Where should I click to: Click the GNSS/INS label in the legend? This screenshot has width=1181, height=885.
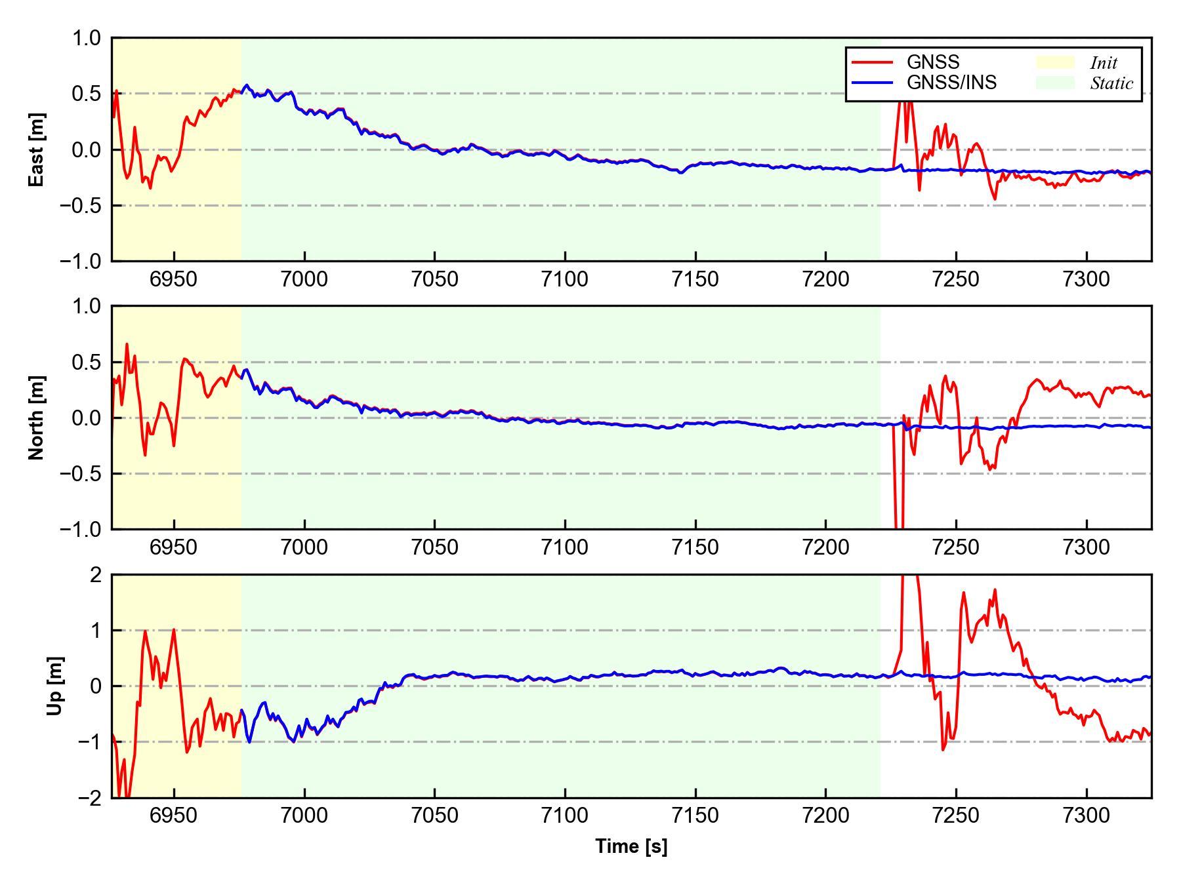pos(951,83)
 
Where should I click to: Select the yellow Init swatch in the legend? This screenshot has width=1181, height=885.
pos(1055,62)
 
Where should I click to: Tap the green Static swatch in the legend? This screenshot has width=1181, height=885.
pos(1055,83)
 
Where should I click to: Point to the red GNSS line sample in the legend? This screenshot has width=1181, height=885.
pos(873,62)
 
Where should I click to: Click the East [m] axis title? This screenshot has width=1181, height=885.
pos(37,149)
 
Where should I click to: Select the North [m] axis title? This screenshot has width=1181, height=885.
pos(37,418)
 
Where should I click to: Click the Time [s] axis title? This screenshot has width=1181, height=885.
pos(631,846)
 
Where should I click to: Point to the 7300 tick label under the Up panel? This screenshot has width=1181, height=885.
pos(1087,816)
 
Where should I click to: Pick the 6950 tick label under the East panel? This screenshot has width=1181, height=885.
pos(174,279)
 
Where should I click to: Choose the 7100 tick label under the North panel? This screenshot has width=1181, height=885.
pos(565,547)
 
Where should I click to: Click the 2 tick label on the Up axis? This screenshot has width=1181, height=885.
pos(96,575)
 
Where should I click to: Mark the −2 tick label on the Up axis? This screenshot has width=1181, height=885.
pos(89,798)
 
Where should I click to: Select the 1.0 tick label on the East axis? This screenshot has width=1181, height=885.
pos(87,38)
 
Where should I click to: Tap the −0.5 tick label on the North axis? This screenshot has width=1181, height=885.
pos(81,473)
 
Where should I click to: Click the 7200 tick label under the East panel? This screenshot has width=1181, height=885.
pos(825,279)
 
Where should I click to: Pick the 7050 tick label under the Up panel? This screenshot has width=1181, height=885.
pos(434,816)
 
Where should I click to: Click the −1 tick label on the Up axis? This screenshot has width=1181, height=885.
pos(89,742)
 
